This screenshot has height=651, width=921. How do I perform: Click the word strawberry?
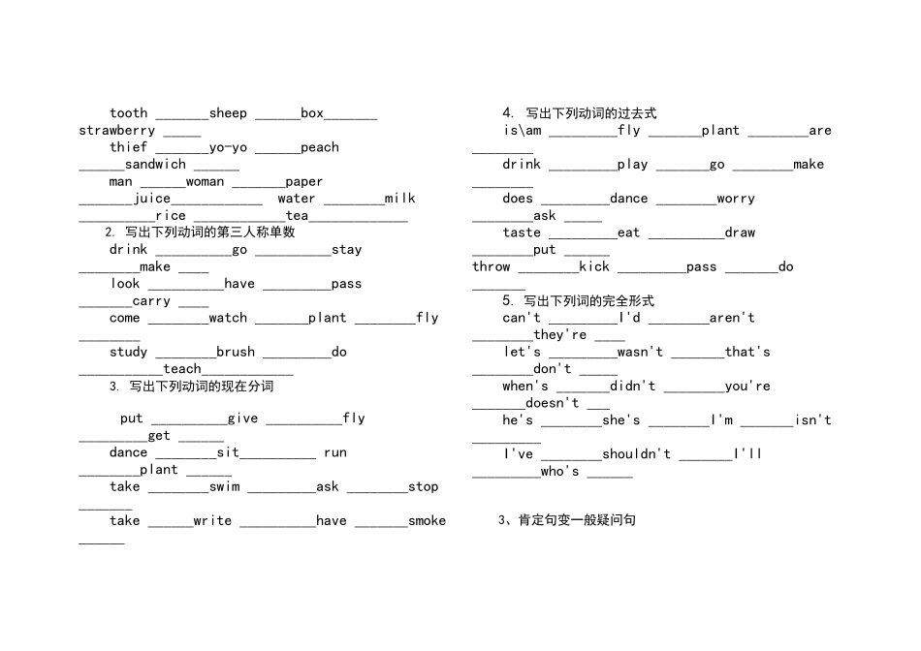[x=117, y=131]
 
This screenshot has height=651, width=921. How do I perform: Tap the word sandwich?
[x=155, y=165]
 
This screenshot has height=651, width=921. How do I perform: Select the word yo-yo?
[x=228, y=147]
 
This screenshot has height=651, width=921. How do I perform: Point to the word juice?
[x=151, y=199]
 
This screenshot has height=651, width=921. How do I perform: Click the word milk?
[x=400, y=199]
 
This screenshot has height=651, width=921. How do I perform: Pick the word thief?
[x=129, y=146]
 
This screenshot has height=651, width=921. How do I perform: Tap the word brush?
[x=236, y=352]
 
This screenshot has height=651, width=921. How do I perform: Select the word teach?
[x=182, y=369]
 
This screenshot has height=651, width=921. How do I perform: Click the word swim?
[x=224, y=486]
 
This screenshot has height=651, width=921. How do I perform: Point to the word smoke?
[x=427, y=520]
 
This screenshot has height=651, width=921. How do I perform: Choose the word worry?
[x=736, y=199]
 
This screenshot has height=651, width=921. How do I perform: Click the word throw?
[x=492, y=266]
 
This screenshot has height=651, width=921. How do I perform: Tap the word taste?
[x=522, y=232]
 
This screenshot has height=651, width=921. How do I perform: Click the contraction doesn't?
[x=553, y=403]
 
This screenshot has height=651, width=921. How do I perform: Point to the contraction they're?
[x=559, y=334]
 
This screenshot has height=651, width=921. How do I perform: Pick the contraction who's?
[x=559, y=471]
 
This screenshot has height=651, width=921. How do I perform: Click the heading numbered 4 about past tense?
[x=579, y=112]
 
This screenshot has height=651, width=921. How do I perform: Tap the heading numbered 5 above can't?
[x=578, y=300]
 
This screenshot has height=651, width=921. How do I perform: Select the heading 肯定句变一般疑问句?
[x=567, y=520]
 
